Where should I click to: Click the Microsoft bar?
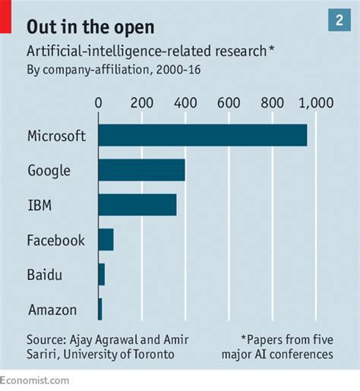(x=203, y=135)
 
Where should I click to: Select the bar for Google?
(x=141, y=170)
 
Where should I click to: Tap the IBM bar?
(x=137, y=205)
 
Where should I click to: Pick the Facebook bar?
(x=106, y=240)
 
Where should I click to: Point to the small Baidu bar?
(x=102, y=274)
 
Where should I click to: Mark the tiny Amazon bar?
(x=100, y=308)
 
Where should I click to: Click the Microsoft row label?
(x=56, y=136)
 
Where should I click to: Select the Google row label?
(x=49, y=171)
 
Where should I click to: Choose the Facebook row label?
(x=55, y=241)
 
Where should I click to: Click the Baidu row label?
(x=43, y=275)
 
